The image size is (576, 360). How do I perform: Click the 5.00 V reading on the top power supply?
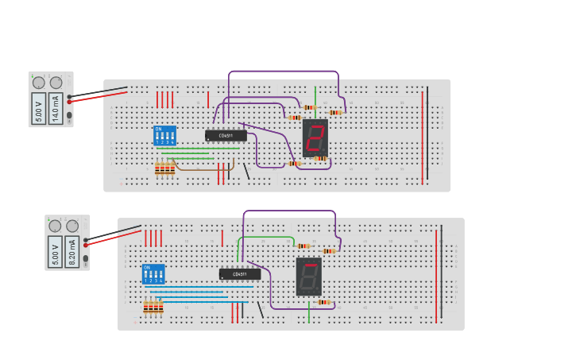point(38,107)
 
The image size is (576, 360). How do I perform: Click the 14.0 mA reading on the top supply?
point(56,107)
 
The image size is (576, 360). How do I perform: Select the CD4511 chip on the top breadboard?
point(226,135)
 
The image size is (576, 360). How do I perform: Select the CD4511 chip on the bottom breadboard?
point(239,274)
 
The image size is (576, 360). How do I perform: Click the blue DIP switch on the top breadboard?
point(164,135)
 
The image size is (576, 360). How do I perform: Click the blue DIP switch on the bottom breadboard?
point(153,274)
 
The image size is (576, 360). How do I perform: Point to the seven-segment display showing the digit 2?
point(315,138)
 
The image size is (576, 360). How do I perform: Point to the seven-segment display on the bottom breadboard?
point(308,277)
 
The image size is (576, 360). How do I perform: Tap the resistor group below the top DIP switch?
point(164,168)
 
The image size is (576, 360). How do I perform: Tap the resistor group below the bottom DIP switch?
point(153,307)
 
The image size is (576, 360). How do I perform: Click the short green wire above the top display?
point(315,94)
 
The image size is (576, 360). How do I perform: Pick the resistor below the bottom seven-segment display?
point(323,302)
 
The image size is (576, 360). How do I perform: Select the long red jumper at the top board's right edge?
point(422,135)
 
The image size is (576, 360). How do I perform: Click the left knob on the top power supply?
point(38,82)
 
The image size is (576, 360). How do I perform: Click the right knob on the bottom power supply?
point(72,226)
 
